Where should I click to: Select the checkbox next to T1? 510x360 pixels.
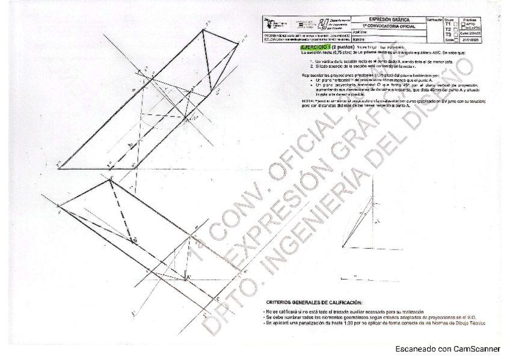coord(455,24)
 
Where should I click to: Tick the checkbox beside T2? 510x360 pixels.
coord(455,29)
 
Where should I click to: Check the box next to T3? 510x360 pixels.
coord(455,35)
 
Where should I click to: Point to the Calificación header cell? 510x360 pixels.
coord(434,20)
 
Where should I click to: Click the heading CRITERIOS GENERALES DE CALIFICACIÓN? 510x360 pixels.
coord(313,302)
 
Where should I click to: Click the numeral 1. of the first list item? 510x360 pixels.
coord(311,61)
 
